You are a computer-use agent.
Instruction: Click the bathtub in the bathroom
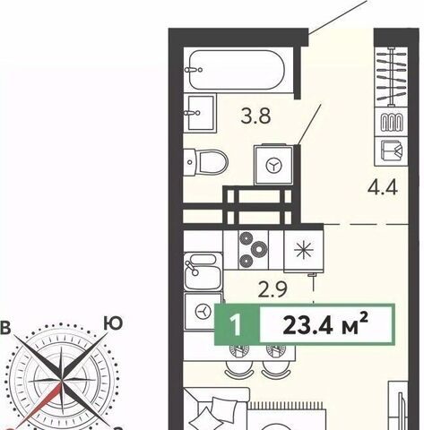point(237,70)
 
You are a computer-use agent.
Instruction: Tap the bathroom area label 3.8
point(255,116)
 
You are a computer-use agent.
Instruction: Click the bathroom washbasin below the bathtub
point(200,113)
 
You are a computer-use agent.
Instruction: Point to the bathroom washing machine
point(273,165)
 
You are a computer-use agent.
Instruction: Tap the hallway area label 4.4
point(383,188)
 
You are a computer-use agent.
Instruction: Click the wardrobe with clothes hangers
point(392,77)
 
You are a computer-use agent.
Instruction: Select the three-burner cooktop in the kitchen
point(254,249)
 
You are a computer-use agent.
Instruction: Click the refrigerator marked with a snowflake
point(304,250)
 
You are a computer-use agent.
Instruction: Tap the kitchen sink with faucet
point(203,271)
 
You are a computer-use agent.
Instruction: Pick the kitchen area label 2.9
point(273,289)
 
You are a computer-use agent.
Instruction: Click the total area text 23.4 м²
point(324,324)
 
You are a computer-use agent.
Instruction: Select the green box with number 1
point(237,324)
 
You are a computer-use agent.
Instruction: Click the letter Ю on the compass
point(113,323)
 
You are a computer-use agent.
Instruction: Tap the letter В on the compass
point(5,328)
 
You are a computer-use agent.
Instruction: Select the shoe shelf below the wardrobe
point(392,122)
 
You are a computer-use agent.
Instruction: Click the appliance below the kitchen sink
point(203,312)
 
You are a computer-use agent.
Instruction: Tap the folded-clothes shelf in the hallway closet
point(392,151)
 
